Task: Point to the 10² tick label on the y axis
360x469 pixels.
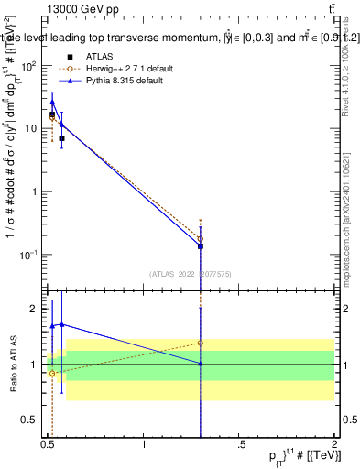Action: point(29,66)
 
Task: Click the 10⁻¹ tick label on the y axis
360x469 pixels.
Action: point(28,254)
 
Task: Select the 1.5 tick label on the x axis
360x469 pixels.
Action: point(239,445)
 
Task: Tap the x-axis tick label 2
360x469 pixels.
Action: point(334,445)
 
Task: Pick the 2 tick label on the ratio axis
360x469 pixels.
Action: point(36,309)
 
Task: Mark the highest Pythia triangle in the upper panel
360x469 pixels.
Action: point(53,103)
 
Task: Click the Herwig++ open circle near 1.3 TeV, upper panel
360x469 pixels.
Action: point(201,239)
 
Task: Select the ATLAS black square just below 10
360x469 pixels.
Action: point(61,138)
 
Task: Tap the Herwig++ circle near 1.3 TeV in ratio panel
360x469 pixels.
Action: point(201,344)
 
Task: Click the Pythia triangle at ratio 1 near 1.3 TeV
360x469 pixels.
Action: point(201,365)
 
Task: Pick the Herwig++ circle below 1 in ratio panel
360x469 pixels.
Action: point(52,374)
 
